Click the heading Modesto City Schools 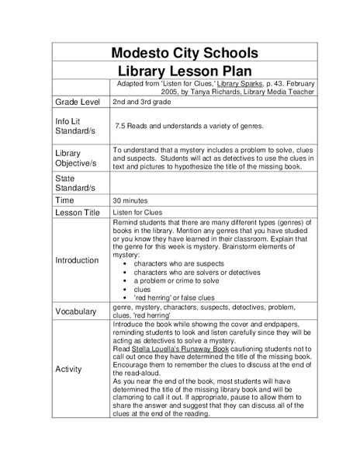(184, 53)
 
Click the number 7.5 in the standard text (120, 125)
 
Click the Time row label (64, 200)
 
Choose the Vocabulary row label (77, 311)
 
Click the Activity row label (68, 369)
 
